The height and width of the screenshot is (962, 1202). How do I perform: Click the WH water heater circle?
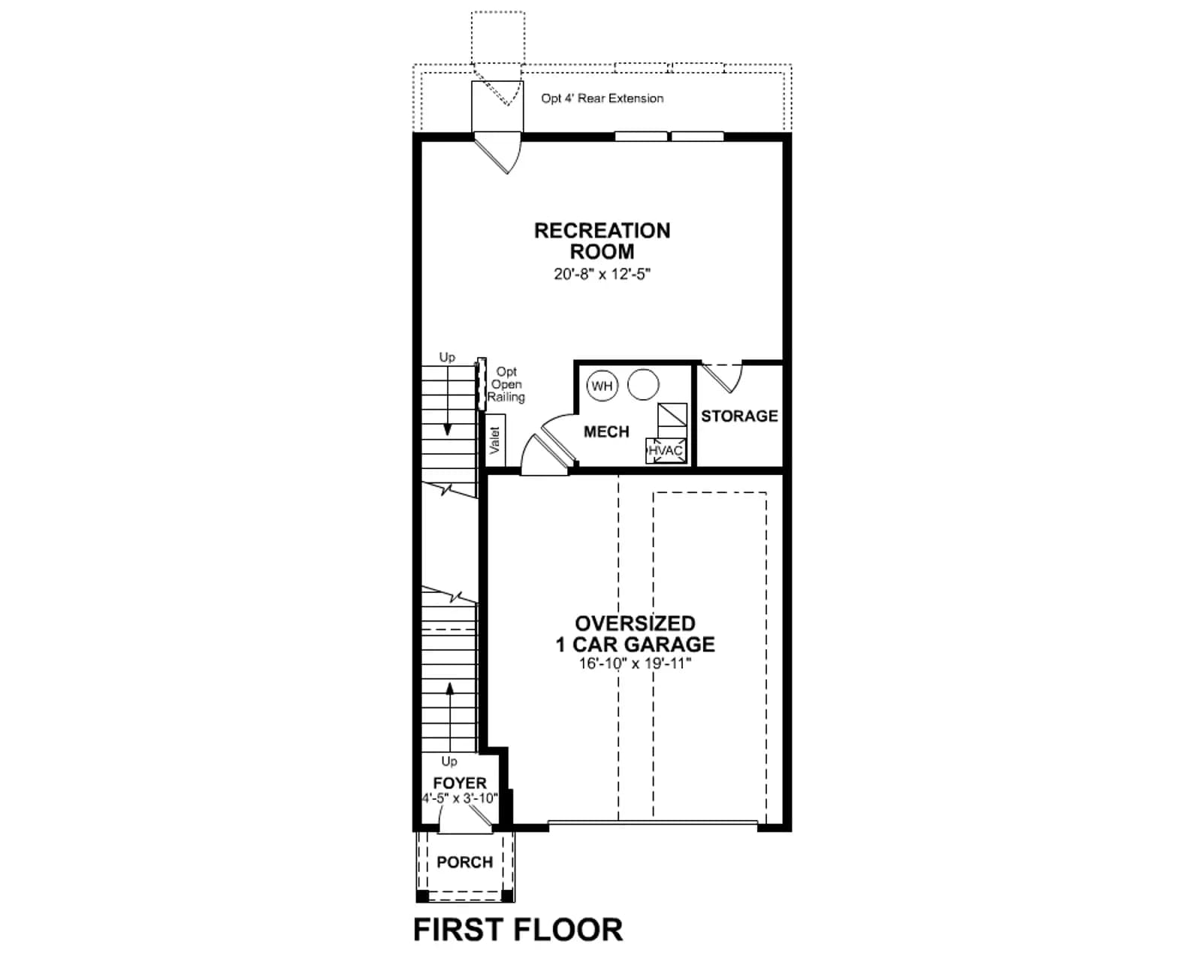pyautogui.click(x=602, y=386)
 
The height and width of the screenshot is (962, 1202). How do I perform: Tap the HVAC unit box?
pyautogui.click(x=666, y=450)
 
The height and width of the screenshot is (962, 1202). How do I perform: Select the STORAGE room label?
pyautogui.click(x=739, y=416)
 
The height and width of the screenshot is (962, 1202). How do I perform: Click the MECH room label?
pyautogui.click(x=606, y=431)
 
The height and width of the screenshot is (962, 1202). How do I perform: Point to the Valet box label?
pyautogui.click(x=495, y=440)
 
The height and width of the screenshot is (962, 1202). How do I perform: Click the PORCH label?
pyautogui.click(x=465, y=863)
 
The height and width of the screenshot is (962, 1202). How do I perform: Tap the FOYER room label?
pyautogui.click(x=460, y=783)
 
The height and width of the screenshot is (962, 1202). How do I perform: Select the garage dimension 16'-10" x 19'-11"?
pyautogui.click(x=635, y=664)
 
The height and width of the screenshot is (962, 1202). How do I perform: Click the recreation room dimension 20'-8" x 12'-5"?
pyautogui.click(x=602, y=274)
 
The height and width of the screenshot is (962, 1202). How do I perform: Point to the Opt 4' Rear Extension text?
pyautogui.click(x=602, y=98)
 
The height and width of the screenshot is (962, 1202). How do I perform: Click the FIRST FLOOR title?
pyautogui.click(x=518, y=930)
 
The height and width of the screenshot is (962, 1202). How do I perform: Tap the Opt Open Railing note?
pyautogui.click(x=506, y=385)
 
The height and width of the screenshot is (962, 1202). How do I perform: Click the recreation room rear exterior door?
pyautogui.click(x=499, y=153)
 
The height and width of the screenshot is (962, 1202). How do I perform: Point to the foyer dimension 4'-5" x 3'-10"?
pyautogui.click(x=460, y=798)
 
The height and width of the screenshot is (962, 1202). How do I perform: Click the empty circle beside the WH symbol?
pyautogui.click(x=644, y=385)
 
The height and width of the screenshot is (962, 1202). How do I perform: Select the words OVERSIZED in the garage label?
pyautogui.click(x=635, y=624)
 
